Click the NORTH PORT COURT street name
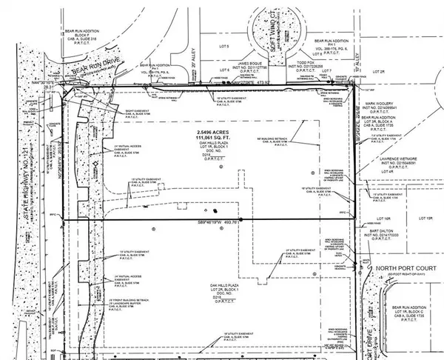pyautogui.click(x=395, y=267)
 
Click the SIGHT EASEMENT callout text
pyautogui.click(x=112, y=108)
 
